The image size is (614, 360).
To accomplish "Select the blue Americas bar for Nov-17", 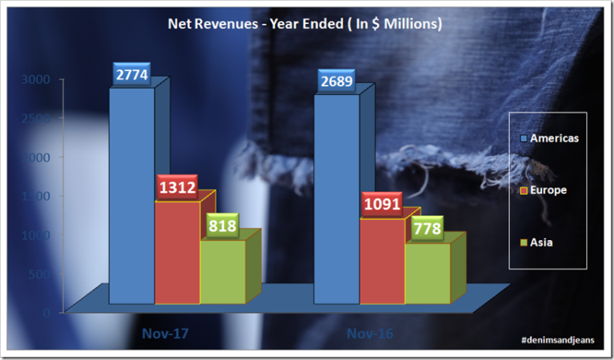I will click(x=132, y=196).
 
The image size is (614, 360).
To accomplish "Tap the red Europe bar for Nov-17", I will click(x=177, y=253).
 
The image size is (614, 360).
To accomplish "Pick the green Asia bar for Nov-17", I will click(x=222, y=271).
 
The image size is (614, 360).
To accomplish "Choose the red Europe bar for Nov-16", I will click(x=382, y=261).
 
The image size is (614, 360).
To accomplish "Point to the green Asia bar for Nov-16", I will click(x=428, y=273).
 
